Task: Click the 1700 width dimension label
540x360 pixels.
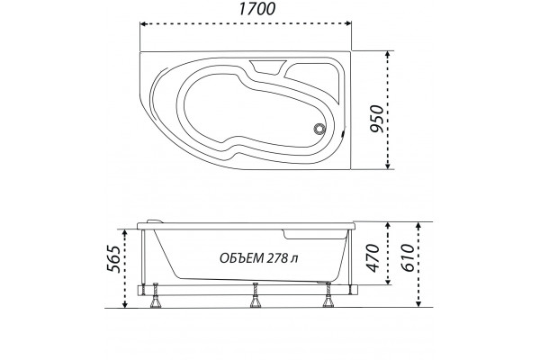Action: (x=256, y=9)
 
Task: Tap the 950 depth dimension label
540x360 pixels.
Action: (x=376, y=119)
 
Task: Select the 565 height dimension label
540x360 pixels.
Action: (x=114, y=258)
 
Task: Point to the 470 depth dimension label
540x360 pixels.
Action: (x=373, y=258)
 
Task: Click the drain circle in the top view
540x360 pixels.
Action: (x=319, y=129)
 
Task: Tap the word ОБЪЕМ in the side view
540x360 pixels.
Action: (x=240, y=258)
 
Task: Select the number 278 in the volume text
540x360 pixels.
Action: (x=276, y=258)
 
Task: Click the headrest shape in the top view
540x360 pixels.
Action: (x=267, y=67)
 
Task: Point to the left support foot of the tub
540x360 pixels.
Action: (x=157, y=296)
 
